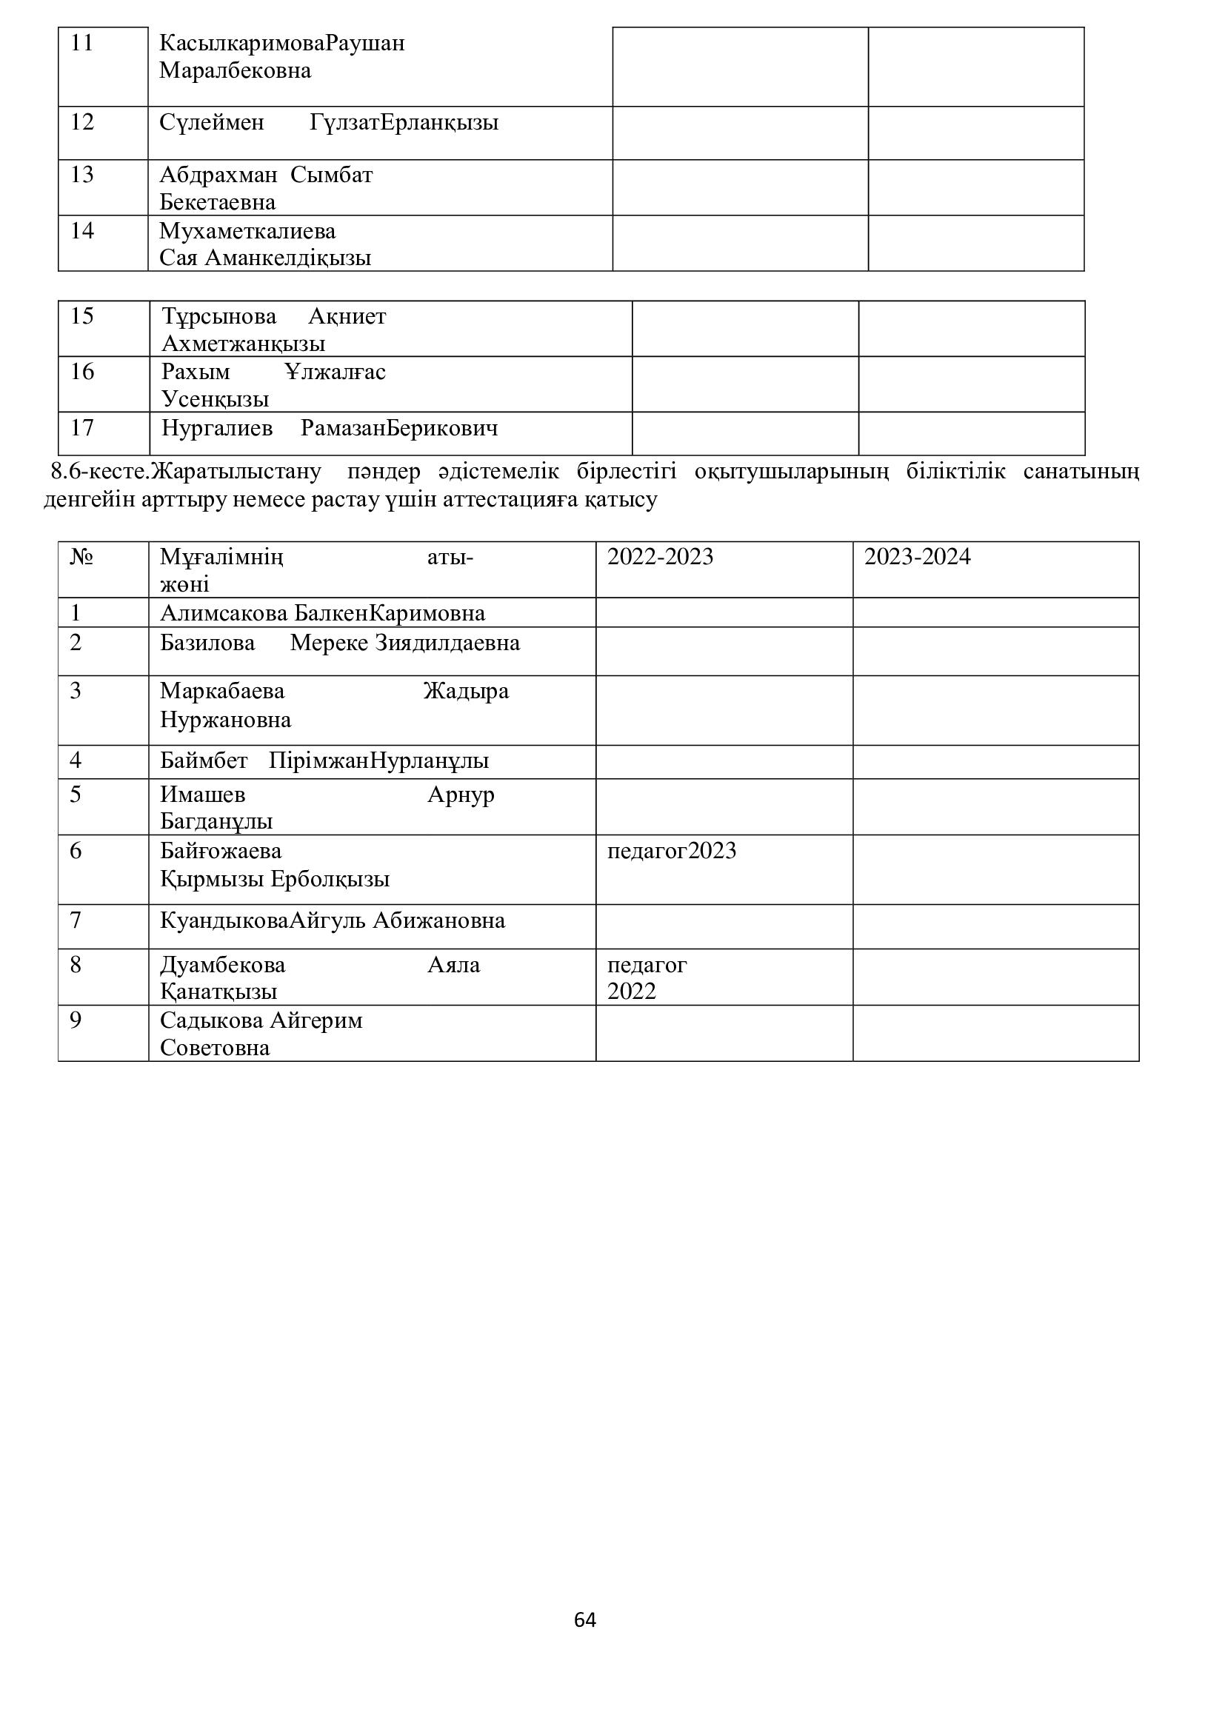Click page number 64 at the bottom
[584, 1619]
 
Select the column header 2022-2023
[660, 557]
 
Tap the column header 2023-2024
[917, 557]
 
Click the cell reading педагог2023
[671, 851]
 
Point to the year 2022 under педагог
[631, 992]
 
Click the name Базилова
[207, 643]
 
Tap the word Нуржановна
[226, 720]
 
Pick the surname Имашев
[203, 795]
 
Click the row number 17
[82, 428]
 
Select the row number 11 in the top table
[82, 43]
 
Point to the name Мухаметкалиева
[247, 231]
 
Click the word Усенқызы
[215, 399]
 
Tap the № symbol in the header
[81, 558]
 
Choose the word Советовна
[215, 1048]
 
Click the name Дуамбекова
[222, 965]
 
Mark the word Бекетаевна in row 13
[217, 202]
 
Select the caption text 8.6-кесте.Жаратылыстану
[186, 472]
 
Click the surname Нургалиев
[217, 429]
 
